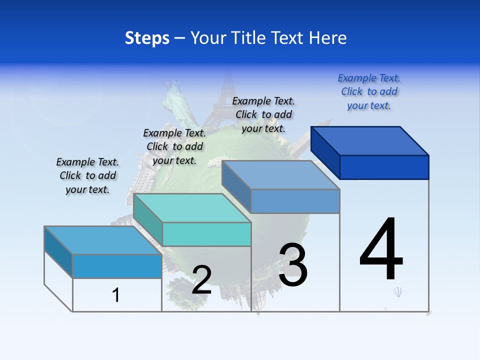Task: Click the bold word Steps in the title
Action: point(147,38)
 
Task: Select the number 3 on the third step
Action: point(292,264)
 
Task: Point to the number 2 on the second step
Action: point(201,279)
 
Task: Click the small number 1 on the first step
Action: point(116,295)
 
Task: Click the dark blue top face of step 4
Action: point(370,140)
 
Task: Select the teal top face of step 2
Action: point(192,207)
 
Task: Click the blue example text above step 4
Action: point(369,91)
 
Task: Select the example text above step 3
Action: point(263,114)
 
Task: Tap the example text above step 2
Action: point(174,146)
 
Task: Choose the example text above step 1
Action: point(87,175)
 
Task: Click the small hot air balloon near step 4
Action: point(397,291)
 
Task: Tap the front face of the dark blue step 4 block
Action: point(384,167)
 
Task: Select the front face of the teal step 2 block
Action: point(206,234)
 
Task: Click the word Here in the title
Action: point(328,38)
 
